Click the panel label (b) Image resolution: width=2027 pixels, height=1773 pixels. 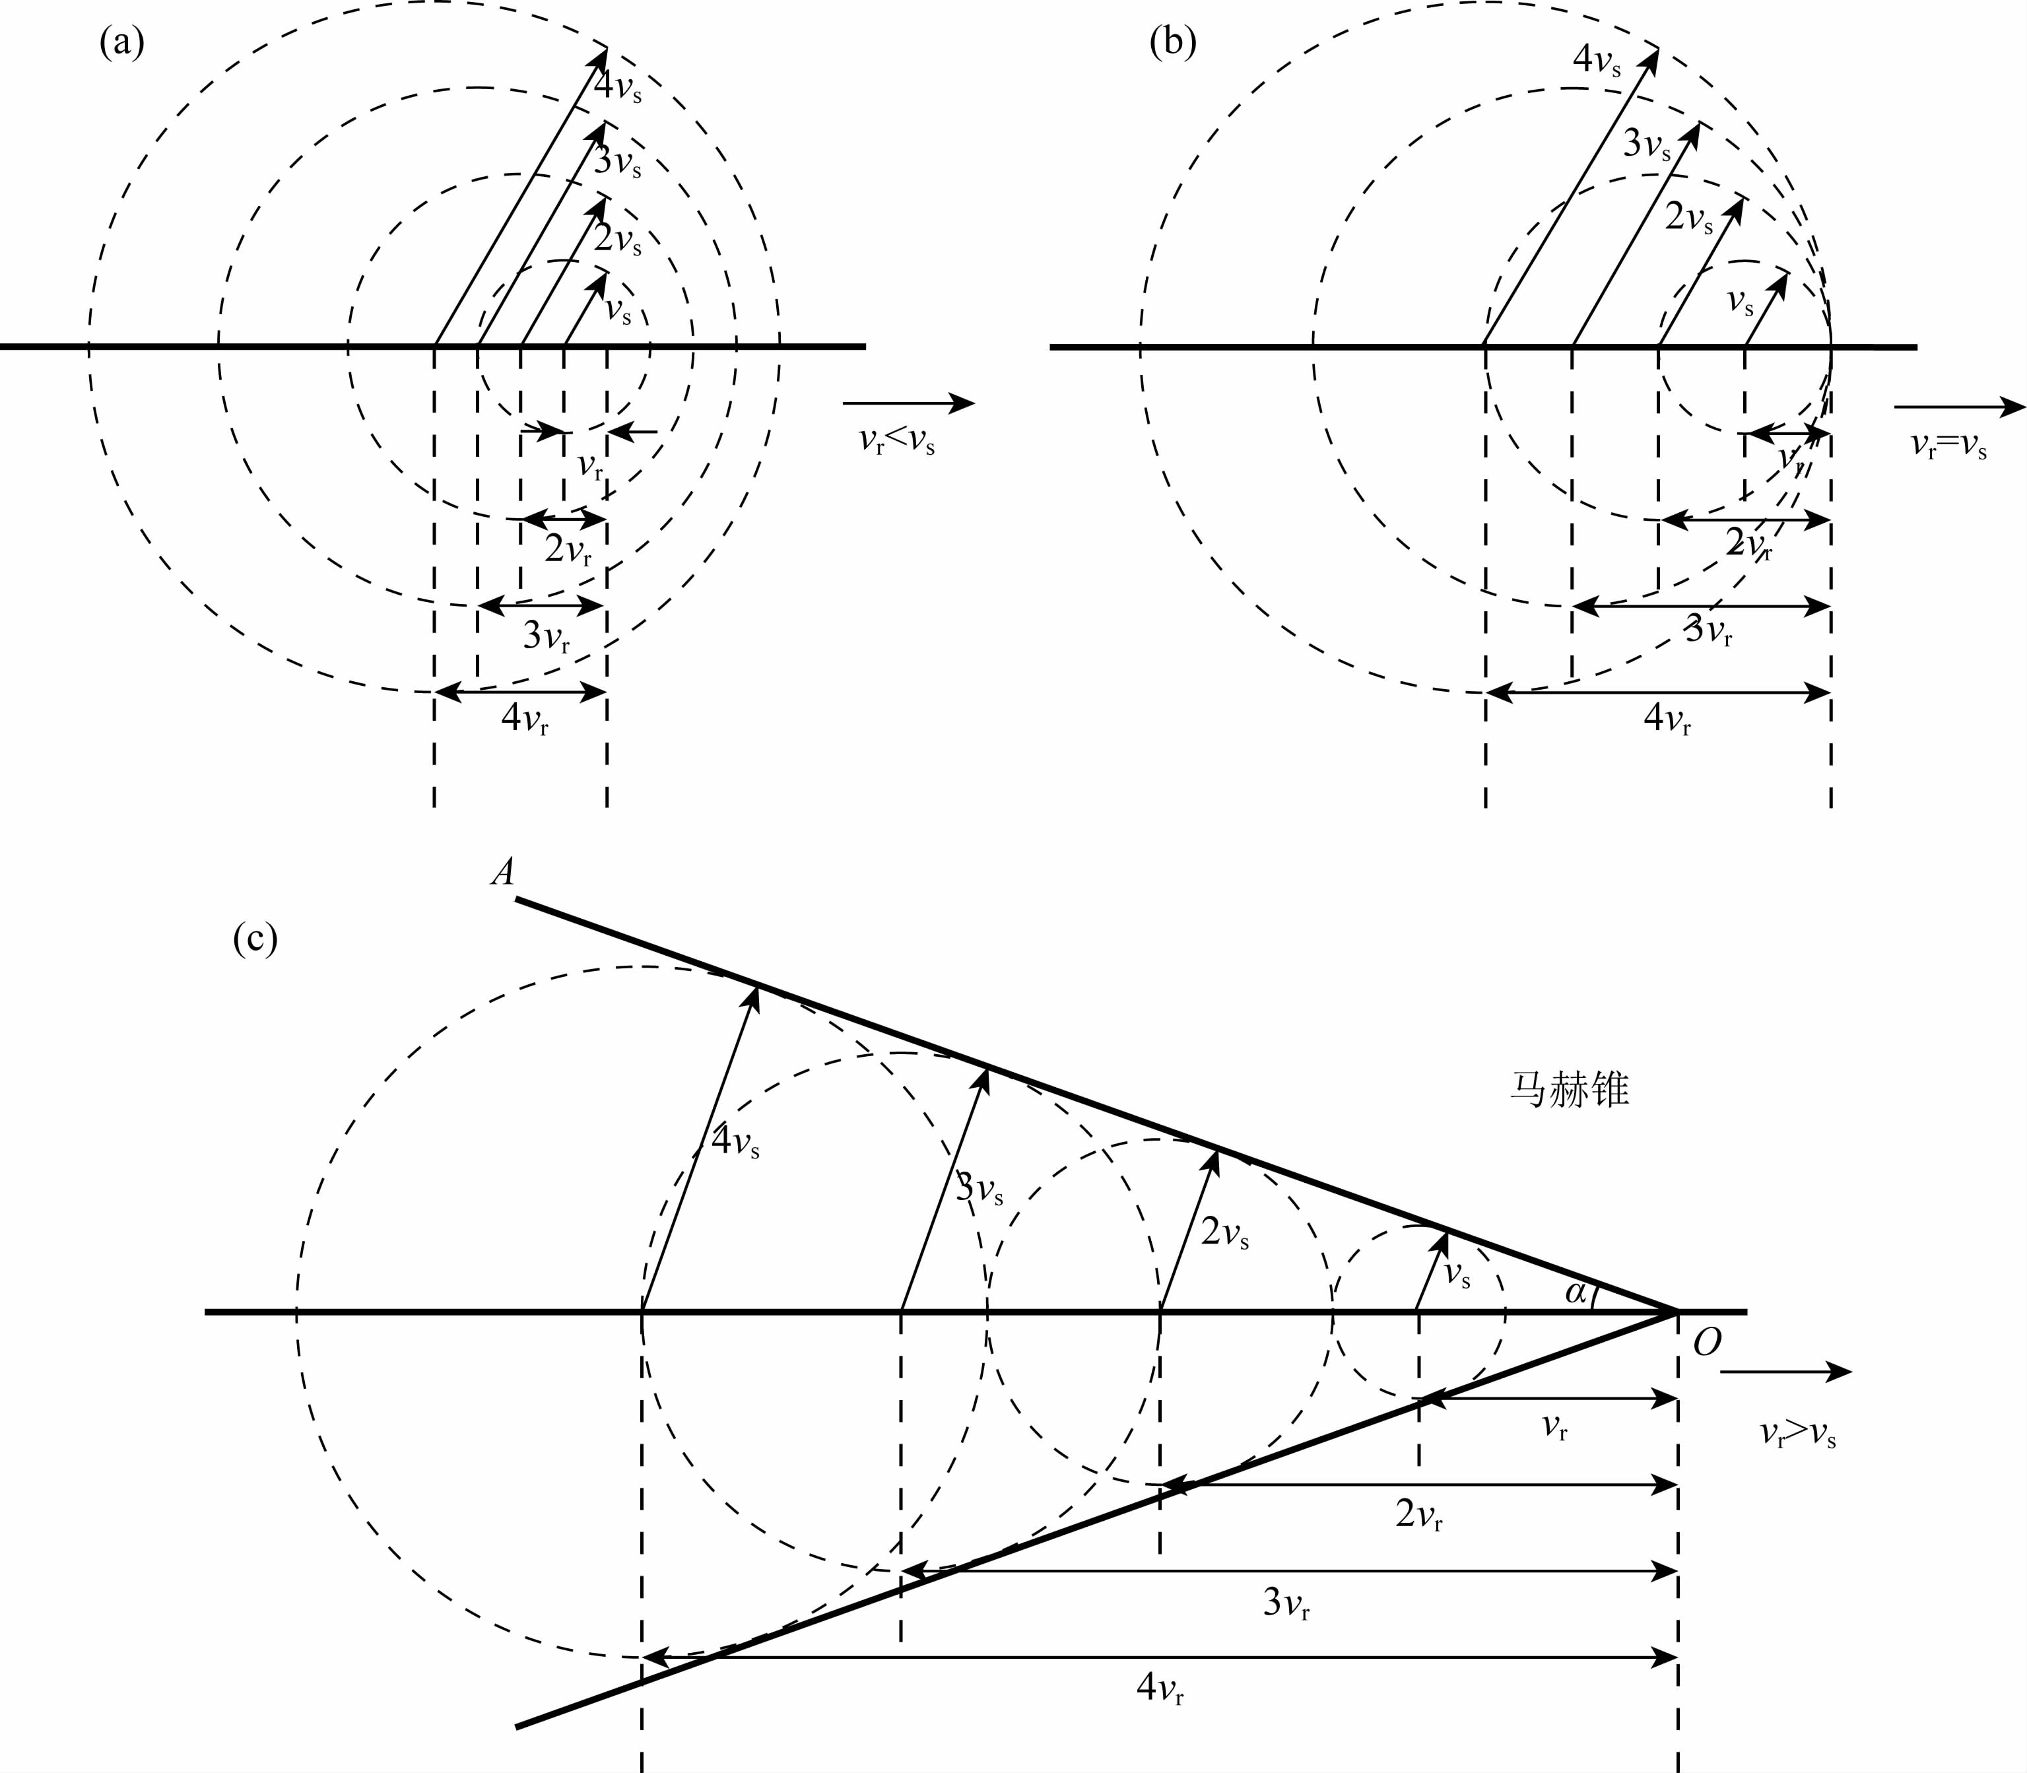click(x=1174, y=44)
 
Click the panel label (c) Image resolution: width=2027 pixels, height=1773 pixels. click(x=255, y=938)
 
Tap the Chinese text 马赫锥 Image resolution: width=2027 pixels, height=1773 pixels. click(x=1570, y=1089)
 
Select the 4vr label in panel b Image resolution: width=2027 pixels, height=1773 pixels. click(x=1667, y=719)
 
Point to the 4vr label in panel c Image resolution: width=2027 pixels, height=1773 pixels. click(x=1160, y=1687)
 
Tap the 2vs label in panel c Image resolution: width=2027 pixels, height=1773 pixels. click(x=1224, y=1233)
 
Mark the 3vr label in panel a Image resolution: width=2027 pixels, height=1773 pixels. click(x=546, y=636)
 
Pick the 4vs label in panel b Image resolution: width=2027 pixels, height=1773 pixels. click(x=1597, y=61)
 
